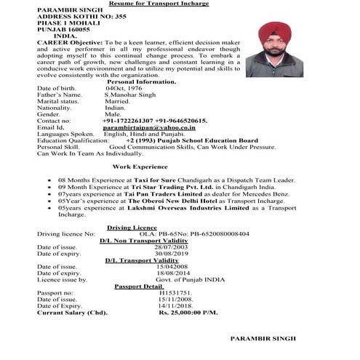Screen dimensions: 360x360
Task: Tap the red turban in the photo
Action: pyautogui.click(x=273, y=36)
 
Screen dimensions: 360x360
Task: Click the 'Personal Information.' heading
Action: pyautogui.click(x=141, y=81)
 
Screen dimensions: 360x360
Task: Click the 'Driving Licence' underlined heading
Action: pyautogui.click(x=132, y=227)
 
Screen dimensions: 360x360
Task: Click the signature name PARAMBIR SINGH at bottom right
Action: pyautogui.click(x=263, y=340)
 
